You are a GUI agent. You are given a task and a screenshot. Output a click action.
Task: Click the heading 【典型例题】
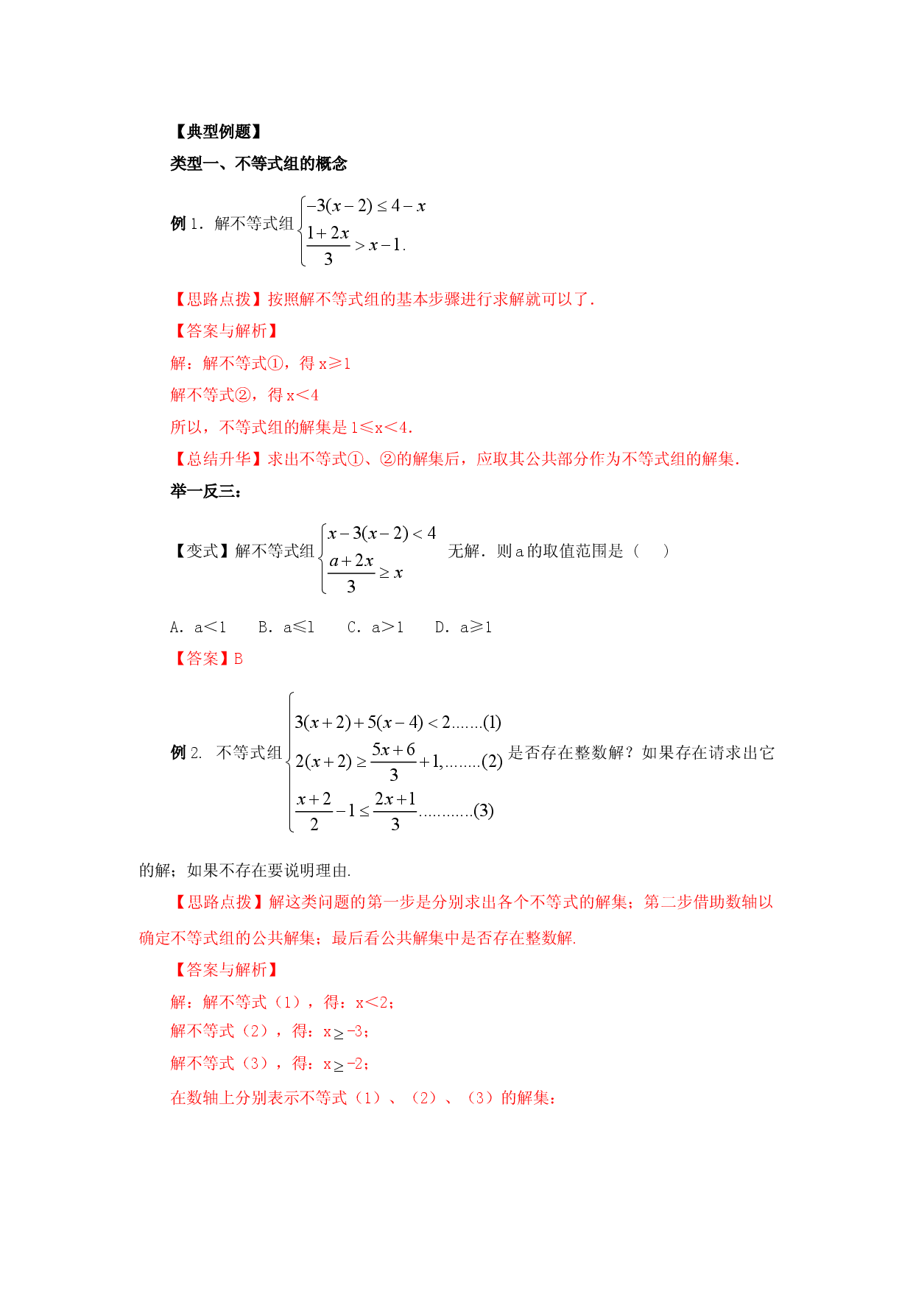point(217,132)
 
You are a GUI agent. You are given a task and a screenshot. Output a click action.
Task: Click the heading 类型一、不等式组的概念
point(258,163)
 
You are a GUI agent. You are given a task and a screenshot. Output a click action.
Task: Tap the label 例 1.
point(188,223)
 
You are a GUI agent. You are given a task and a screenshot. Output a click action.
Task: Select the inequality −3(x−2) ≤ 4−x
point(366,206)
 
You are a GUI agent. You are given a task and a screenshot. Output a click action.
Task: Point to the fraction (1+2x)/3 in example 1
point(328,245)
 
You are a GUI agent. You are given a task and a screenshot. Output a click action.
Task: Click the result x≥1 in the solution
point(334,363)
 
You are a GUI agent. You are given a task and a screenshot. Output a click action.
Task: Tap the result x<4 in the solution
point(302,395)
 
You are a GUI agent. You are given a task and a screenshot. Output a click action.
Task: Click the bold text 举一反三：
point(206,491)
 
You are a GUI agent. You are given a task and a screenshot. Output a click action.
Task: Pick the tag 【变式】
point(202,551)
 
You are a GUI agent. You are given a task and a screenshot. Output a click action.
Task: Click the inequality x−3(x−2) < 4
point(382,533)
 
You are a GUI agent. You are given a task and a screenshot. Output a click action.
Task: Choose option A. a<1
point(198,627)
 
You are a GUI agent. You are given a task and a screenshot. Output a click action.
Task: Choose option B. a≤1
point(286,627)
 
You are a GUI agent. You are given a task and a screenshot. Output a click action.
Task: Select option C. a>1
point(376,627)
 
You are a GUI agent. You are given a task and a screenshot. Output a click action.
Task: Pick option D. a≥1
point(463,627)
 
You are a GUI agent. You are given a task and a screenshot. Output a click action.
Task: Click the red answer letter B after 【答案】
point(239,659)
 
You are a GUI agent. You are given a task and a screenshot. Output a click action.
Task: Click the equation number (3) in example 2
point(484,811)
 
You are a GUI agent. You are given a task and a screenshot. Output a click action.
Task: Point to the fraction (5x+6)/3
point(394,762)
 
